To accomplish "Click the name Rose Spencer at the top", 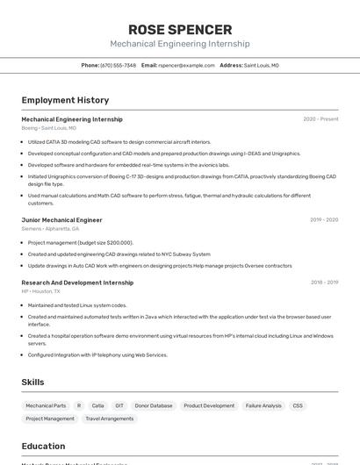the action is pyautogui.click(x=180, y=30).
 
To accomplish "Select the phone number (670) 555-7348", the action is pyautogui.click(x=118, y=65).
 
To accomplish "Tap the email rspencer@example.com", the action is pyautogui.click(x=186, y=65).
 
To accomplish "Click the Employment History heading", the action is pyautogui.click(x=65, y=100).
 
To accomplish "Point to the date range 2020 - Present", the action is pyautogui.click(x=320, y=119).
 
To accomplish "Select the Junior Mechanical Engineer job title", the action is pyautogui.click(x=61, y=220).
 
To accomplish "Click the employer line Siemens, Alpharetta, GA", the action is pyautogui.click(x=50, y=229).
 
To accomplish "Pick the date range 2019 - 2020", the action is pyautogui.click(x=324, y=220).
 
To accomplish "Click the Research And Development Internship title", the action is pyautogui.click(x=77, y=283).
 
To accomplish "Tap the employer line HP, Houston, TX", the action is pyautogui.click(x=41, y=291).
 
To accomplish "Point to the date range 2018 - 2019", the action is pyautogui.click(x=324, y=283).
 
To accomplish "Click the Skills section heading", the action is pyautogui.click(x=32, y=383).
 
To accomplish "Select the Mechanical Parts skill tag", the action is pyautogui.click(x=46, y=406).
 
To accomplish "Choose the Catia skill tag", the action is pyautogui.click(x=98, y=406).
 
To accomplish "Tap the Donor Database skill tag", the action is pyautogui.click(x=154, y=406).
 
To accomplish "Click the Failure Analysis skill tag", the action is pyautogui.click(x=263, y=406).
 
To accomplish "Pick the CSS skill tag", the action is pyautogui.click(x=298, y=406).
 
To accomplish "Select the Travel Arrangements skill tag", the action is pyautogui.click(x=111, y=419).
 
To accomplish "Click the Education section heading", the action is pyautogui.click(x=43, y=446).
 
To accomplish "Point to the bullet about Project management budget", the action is pyautogui.click(x=81, y=242).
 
